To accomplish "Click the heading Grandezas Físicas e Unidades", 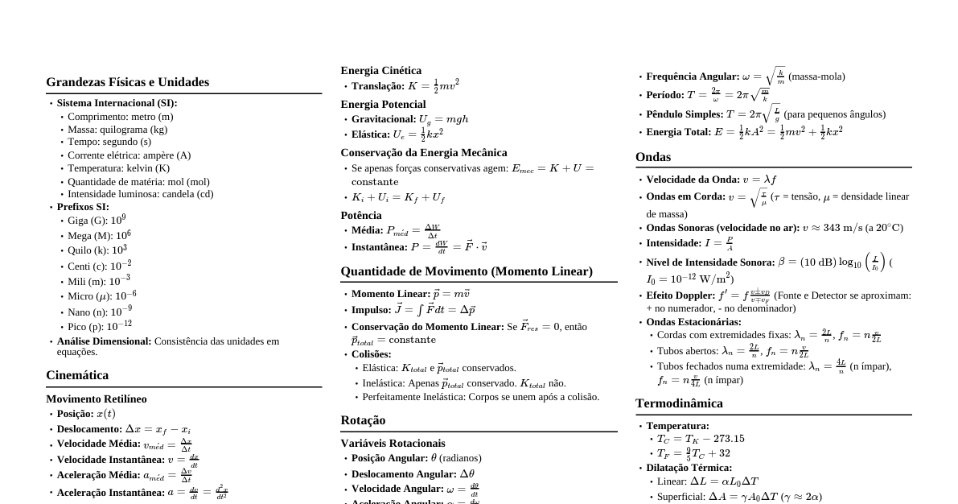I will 127,82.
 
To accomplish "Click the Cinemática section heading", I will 77,375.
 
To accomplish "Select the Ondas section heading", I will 653,157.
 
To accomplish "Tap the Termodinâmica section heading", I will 679,403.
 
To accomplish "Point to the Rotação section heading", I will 363,420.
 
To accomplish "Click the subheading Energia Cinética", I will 380,71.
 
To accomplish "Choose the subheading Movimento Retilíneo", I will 96,399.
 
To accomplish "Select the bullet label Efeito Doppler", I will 680,295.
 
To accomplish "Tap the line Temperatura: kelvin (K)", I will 118,168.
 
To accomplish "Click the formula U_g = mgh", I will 443,119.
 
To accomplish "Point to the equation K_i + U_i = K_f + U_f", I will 398,197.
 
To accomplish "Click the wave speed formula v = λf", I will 759,180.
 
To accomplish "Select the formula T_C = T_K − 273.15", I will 701,439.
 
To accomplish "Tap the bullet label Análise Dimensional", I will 104,341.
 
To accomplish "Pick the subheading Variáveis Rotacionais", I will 393,444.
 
